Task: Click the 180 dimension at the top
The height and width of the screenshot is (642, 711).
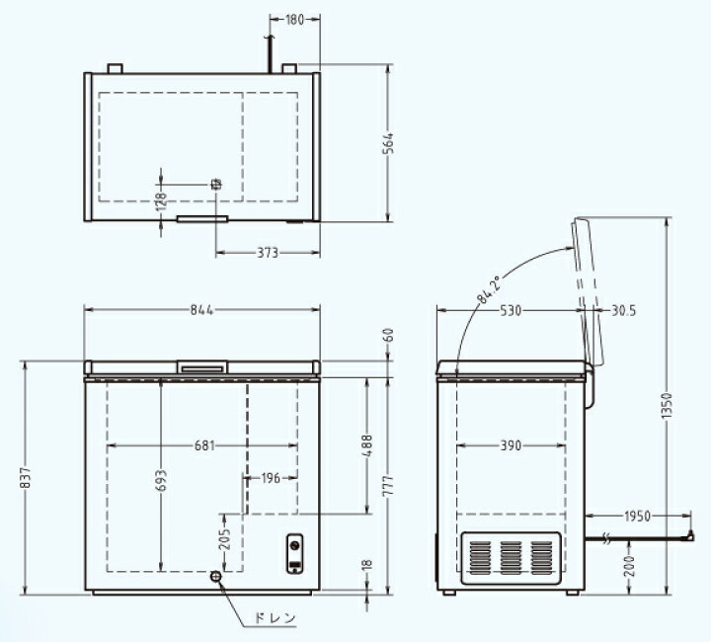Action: point(294,20)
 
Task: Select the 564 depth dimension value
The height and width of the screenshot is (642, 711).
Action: point(388,144)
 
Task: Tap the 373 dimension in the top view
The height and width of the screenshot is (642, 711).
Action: point(268,253)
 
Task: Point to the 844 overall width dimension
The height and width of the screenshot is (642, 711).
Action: point(201,310)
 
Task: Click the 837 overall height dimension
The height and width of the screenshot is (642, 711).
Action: point(27,477)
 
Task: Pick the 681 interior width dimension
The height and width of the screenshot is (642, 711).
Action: point(204,445)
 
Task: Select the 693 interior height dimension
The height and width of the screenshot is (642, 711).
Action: point(161,481)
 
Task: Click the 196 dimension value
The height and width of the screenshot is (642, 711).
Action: point(271,478)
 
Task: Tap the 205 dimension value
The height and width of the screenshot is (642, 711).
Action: point(225,539)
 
